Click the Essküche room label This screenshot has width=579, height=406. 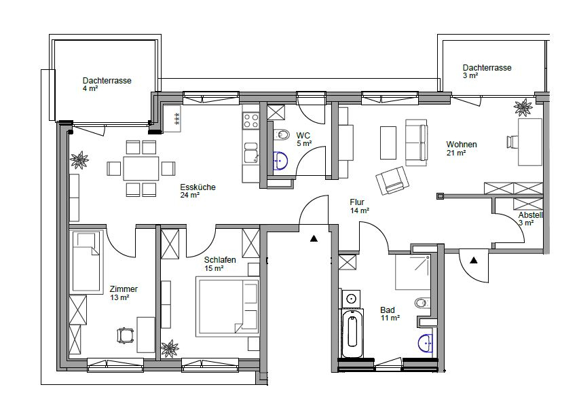click(x=198, y=187)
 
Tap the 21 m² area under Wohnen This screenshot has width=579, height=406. click(x=456, y=153)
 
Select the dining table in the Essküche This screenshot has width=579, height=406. click(x=141, y=168)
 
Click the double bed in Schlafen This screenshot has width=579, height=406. click(x=227, y=308)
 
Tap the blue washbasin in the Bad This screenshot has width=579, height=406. click(x=426, y=343)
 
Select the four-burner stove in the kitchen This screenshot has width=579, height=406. click(x=250, y=120)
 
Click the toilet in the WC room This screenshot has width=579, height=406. click(x=282, y=134)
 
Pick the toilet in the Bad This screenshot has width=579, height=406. click(x=422, y=303)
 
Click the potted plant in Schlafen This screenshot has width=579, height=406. click(x=170, y=348)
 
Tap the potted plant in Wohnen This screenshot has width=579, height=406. click(x=523, y=107)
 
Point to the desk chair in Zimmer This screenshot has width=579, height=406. click(x=125, y=335)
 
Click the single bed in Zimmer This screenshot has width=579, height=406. click(x=86, y=261)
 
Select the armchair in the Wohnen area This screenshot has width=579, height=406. click(x=393, y=180)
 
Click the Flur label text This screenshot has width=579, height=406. click(x=357, y=202)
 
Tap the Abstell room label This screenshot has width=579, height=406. click(x=531, y=215)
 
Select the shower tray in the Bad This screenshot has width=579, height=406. click(x=413, y=272)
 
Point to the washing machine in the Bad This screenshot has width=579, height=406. click(x=351, y=299)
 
